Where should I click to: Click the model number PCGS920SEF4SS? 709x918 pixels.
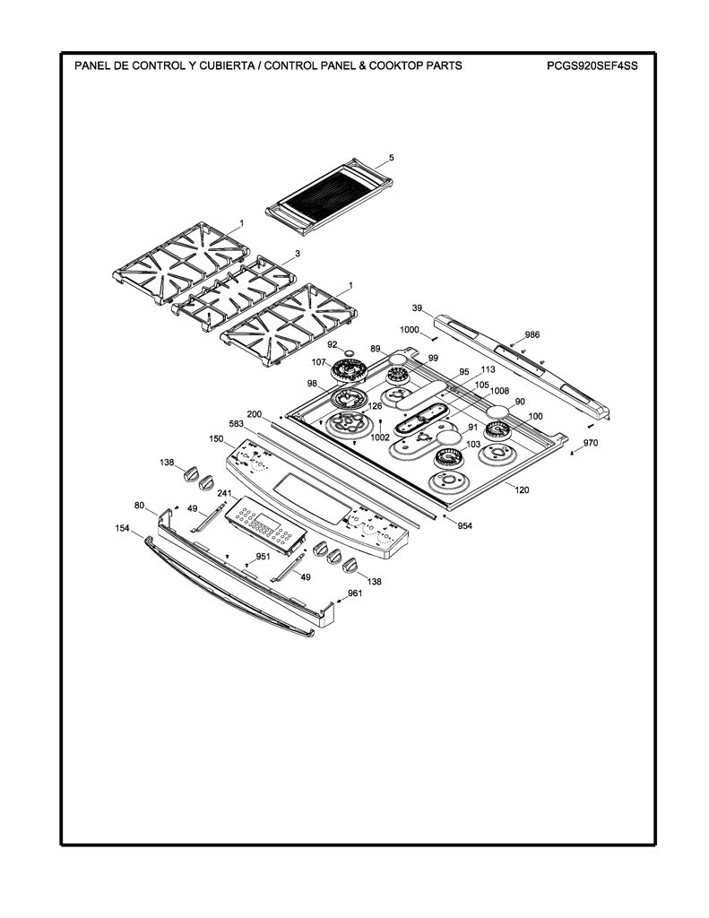click(x=592, y=65)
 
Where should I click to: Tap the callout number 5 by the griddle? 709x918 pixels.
click(x=392, y=158)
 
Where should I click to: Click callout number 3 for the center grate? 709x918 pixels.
click(x=298, y=254)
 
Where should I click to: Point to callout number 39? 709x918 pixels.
click(x=417, y=308)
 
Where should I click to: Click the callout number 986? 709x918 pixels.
click(x=532, y=335)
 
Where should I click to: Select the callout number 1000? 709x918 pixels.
click(x=410, y=330)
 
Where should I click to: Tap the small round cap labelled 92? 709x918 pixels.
click(x=350, y=353)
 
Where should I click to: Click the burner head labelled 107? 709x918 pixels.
click(x=349, y=370)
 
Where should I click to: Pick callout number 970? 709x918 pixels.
click(x=591, y=443)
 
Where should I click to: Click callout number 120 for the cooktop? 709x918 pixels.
click(x=522, y=489)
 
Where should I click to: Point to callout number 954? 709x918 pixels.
click(x=464, y=525)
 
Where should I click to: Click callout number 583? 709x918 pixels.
click(x=236, y=424)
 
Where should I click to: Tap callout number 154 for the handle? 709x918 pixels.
click(x=123, y=528)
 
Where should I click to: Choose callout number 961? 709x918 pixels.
click(x=355, y=593)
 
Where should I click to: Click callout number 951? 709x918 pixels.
click(x=263, y=556)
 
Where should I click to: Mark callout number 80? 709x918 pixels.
click(x=139, y=505)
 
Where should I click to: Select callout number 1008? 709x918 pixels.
click(x=499, y=391)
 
